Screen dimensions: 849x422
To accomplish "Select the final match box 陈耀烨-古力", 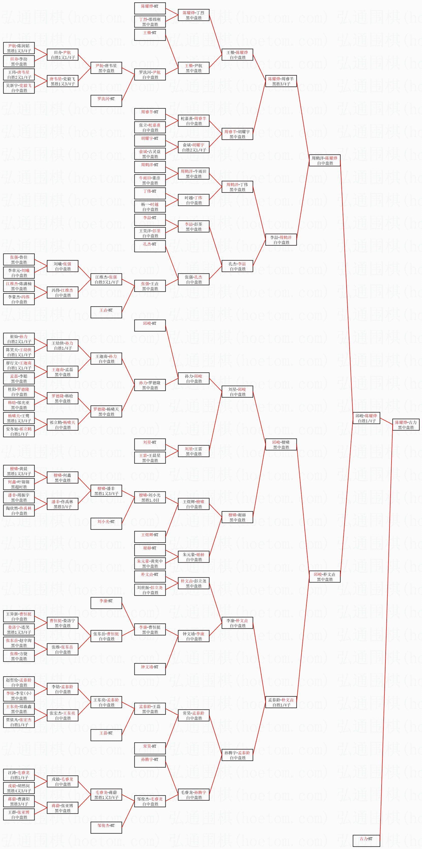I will tap(406, 424).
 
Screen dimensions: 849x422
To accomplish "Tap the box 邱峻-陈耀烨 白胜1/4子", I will tap(366, 418).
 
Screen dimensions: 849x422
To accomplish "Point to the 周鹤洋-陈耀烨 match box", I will tap(325, 161).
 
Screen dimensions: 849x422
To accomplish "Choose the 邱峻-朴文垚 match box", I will tap(325, 576).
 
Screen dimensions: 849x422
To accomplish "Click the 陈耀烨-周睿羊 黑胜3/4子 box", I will tap(281, 81).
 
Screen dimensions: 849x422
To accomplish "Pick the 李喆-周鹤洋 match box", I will tap(281, 240).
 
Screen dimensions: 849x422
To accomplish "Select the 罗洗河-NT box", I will tap(106, 101).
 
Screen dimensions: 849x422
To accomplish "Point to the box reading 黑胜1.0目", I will tap(150, 497).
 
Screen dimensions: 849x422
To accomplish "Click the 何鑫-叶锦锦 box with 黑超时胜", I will tap(19, 484).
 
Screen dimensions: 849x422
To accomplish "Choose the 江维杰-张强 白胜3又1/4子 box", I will tap(106, 280).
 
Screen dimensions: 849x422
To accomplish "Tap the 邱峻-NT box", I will tap(150, 326).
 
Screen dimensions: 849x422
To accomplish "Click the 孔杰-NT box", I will tap(150, 246).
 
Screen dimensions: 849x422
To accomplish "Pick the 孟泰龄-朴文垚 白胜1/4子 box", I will tap(281, 702).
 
